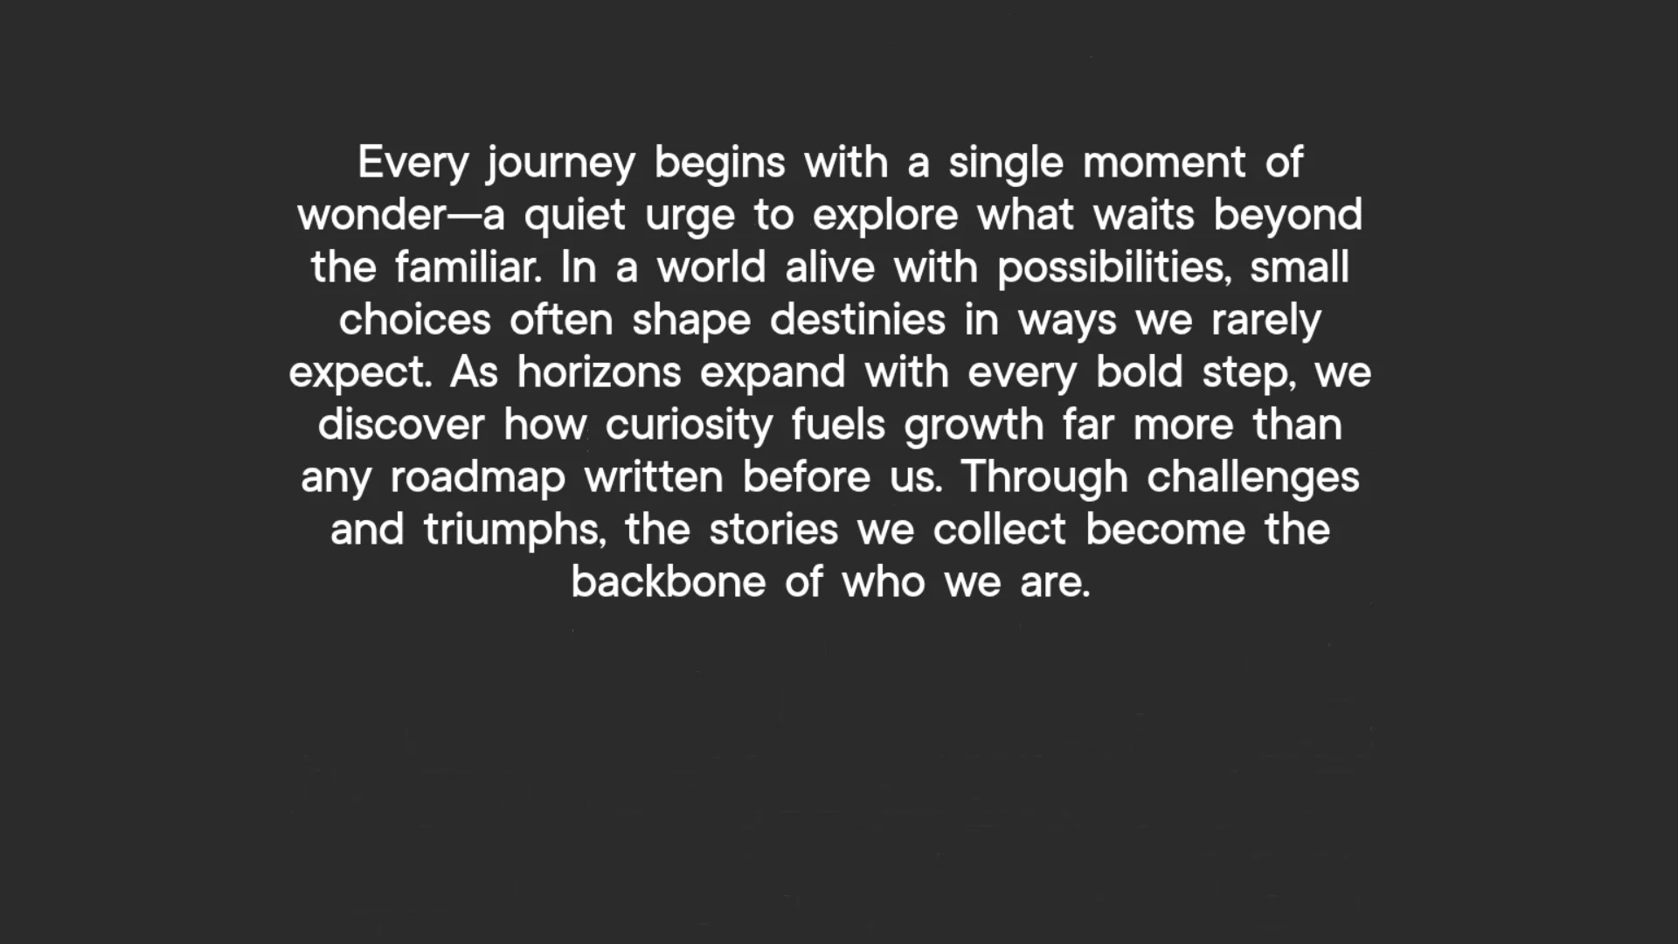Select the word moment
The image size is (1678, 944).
1164,163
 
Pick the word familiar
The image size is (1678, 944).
468,267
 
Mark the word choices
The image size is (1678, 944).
415,319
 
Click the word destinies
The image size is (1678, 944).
857,319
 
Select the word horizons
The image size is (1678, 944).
599,371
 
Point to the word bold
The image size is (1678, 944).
1139,371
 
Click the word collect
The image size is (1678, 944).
1000,529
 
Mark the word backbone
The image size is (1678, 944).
669,581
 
